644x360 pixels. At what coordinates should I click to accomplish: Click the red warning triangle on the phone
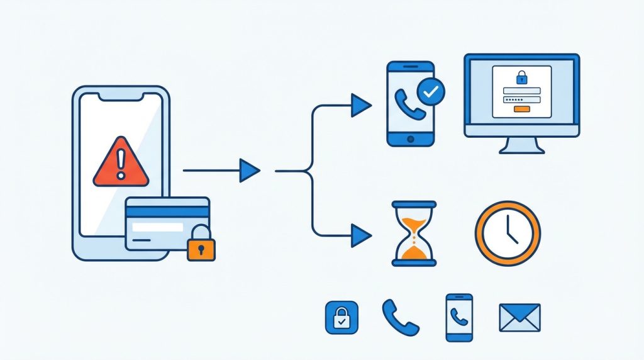tap(121, 164)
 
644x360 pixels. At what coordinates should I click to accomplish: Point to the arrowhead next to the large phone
tap(250, 170)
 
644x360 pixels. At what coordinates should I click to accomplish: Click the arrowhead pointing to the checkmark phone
tap(361, 104)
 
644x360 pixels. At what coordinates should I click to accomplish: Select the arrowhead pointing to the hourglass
tap(361, 235)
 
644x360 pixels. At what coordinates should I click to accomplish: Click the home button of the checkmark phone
tap(411, 138)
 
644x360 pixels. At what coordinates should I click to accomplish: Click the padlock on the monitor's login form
tap(521, 78)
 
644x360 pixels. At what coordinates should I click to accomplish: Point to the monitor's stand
tap(521, 145)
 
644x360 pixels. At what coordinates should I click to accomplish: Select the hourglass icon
tap(414, 233)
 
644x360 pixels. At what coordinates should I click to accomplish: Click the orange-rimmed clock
tap(508, 233)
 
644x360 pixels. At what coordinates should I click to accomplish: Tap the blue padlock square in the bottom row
tap(341, 317)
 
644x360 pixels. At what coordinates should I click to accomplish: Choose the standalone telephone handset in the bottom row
tap(400, 317)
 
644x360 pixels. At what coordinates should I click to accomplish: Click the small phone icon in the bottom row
tap(458, 317)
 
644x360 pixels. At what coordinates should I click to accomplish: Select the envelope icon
tap(519, 317)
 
